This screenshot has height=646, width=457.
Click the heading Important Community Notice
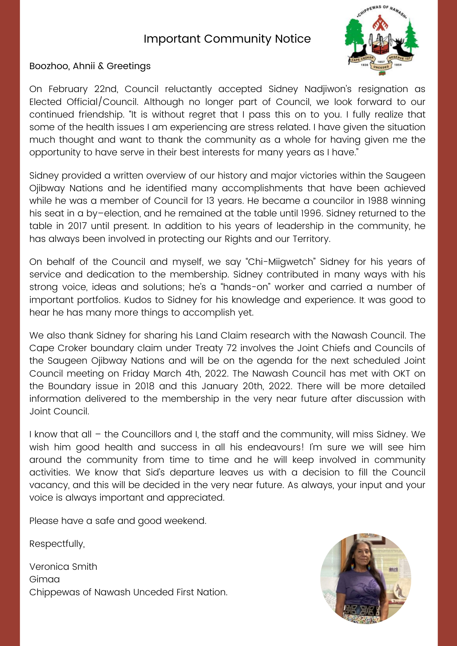[x=227, y=39]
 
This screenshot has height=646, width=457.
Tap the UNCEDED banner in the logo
[x=381, y=67]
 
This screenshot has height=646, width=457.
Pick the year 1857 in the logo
[x=380, y=61]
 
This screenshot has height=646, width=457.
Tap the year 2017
[x=78, y=226]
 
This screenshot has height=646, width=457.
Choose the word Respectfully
[x=57, y=544]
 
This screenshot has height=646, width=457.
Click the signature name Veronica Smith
[x=63, y=567]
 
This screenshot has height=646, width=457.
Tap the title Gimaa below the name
[x=45, y=579]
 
